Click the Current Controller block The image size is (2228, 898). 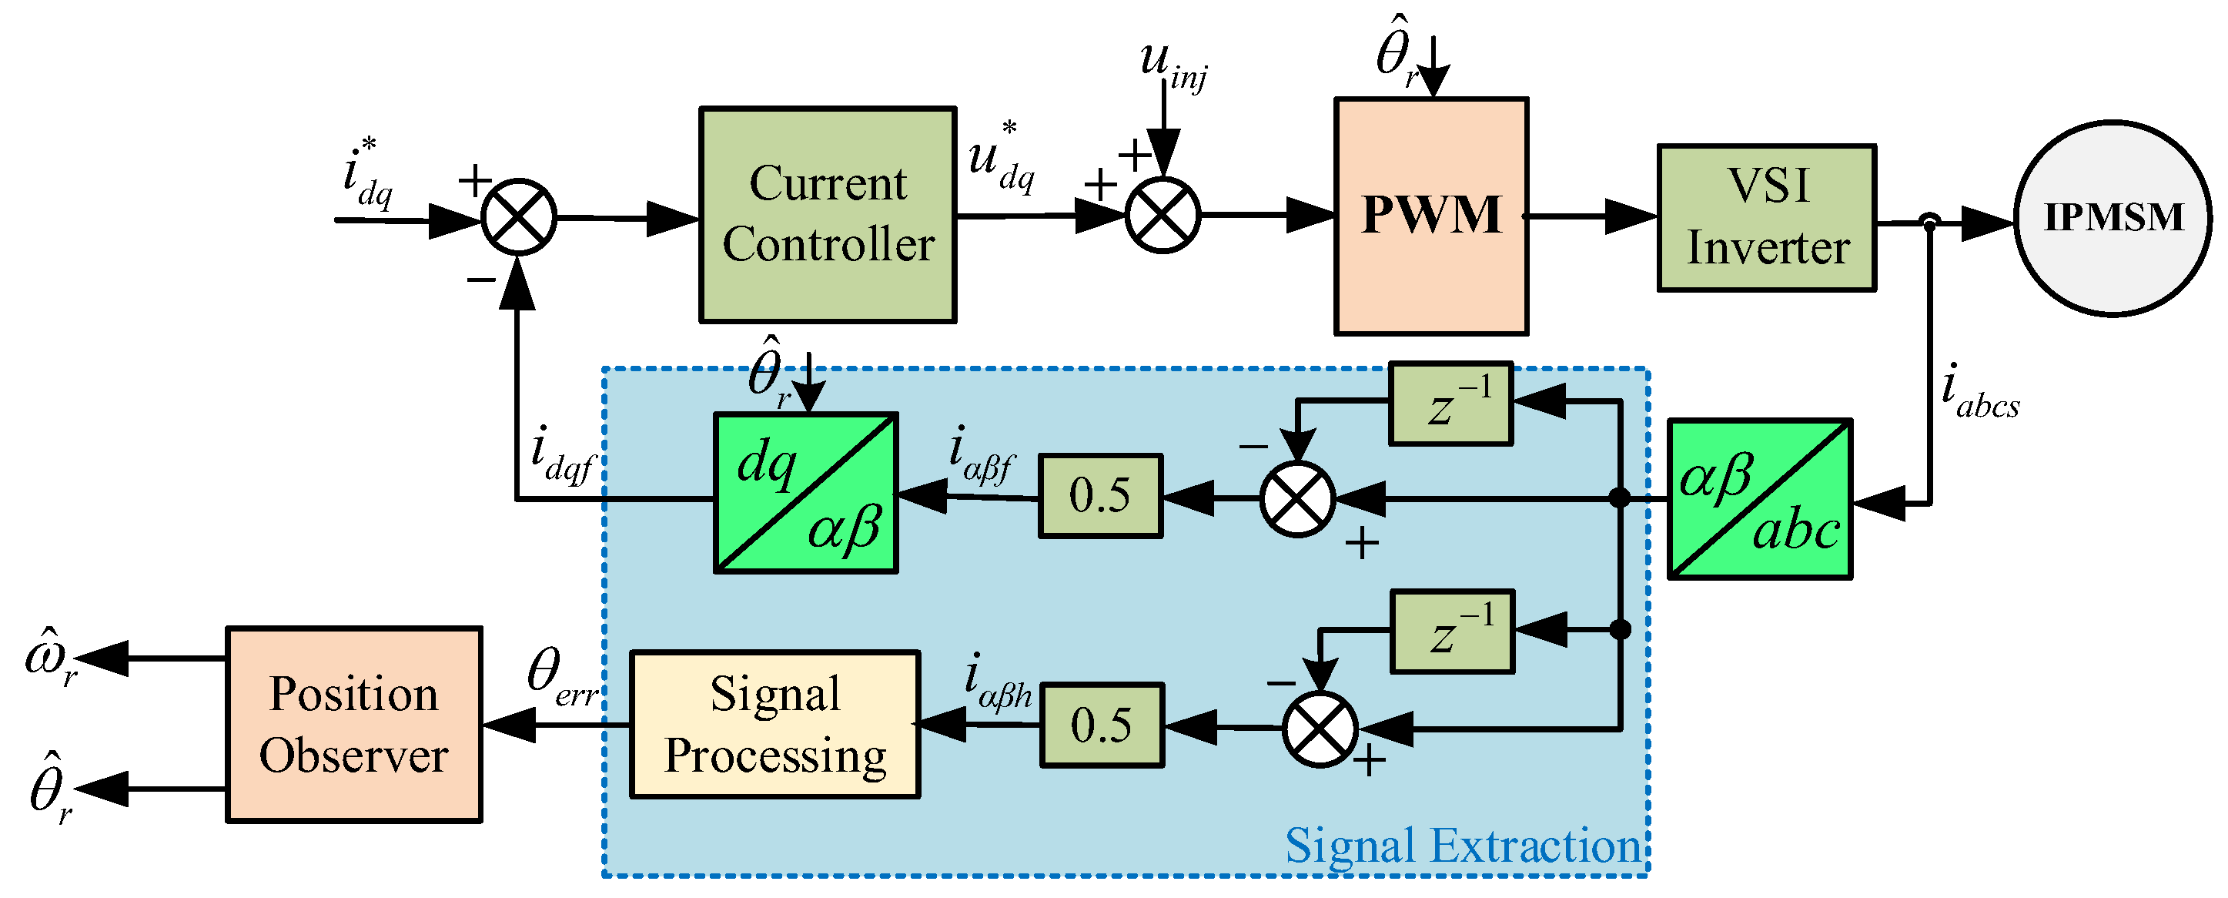coord(828,215)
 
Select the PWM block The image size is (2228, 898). coord(1431,216)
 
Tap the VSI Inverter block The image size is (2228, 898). coord(1767,218)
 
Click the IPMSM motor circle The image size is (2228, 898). coord(2113,218)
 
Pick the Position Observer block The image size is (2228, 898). coord(353,724)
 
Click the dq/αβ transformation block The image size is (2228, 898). coord(805,493)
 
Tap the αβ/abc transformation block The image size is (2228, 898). coord(1760,499)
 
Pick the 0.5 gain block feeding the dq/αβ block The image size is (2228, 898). coord(1100,496)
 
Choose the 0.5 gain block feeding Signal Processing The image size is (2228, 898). coord(1102,725)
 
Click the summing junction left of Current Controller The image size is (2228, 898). coord(518,217)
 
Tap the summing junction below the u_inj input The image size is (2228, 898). coord(1163,216)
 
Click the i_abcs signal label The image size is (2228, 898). coord(1980,392)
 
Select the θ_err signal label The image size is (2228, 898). coord(563,679)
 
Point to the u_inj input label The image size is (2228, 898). coord(1174,65)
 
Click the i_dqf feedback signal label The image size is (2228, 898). coord(563,456)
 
